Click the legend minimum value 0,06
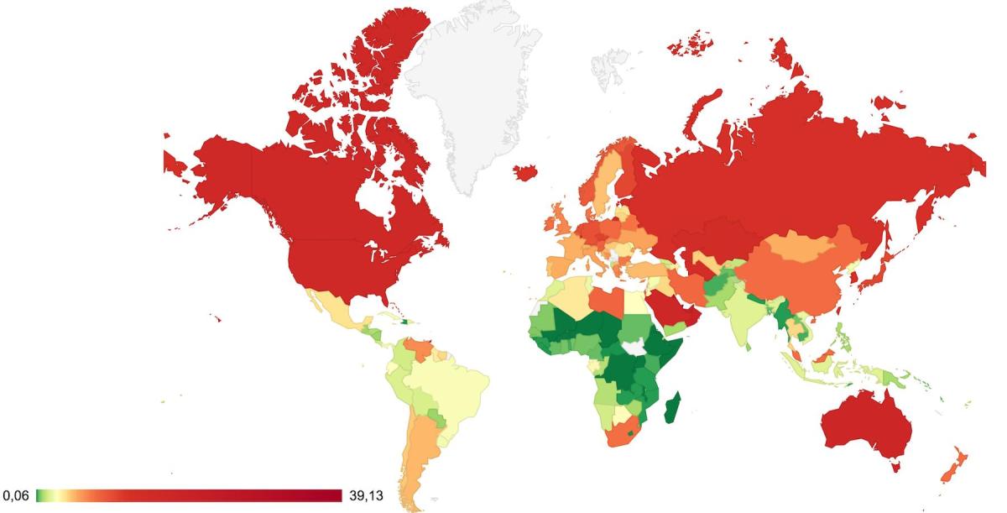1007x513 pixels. (16, 495)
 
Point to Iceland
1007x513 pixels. (527, 172)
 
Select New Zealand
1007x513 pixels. (957, 466)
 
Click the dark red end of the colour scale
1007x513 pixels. (336, 495)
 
